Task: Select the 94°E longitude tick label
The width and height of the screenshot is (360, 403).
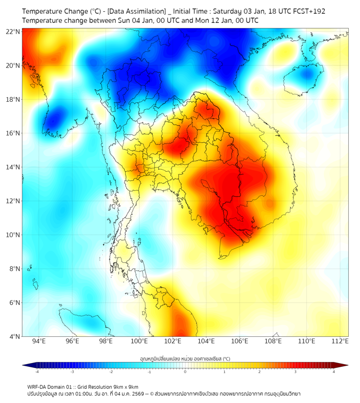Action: [x=39, y=342]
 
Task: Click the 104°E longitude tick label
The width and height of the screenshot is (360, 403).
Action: [x=206, y=342]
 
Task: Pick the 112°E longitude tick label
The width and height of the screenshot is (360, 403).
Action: [x=340, y=342]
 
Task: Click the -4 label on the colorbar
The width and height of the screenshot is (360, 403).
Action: [x=37, y=372]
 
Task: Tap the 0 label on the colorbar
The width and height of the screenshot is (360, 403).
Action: [x=185, y=372]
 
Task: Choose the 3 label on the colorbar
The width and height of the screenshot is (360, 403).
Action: [x=296, y=372]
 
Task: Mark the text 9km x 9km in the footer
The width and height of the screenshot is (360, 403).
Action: [x=126, y=386]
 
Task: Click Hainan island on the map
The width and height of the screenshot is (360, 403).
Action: [x=303, y=76]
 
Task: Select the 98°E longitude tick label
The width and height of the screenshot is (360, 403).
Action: [x=106, y=342]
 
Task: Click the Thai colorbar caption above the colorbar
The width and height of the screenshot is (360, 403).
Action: [x=185, y=359]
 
